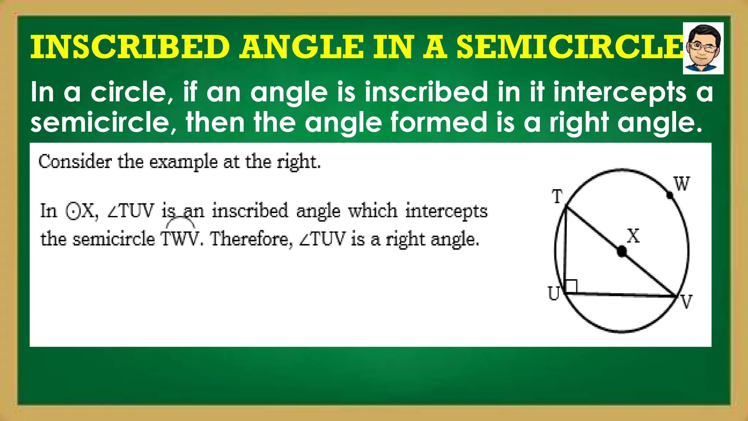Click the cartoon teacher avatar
(703, 48)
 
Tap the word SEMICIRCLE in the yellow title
(570, 47)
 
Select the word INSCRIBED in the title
(130, 47)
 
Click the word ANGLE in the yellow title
(302, 47)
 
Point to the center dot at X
(621, 251)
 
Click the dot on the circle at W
(670, 196)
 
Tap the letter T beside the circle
(557, 197)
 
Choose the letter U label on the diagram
(554, 293)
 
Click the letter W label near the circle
(682, 184)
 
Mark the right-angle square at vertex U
(571, 286)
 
